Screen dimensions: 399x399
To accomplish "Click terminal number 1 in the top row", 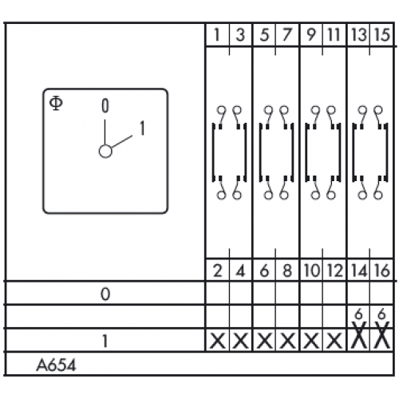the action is point(217,35).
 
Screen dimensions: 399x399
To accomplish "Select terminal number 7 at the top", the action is point(286,35).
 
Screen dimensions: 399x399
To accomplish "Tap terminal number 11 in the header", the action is point(334,35).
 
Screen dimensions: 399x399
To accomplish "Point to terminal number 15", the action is point(382,35).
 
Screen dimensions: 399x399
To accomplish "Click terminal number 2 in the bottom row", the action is point(218,271).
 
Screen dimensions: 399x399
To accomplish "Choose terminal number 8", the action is point(287,271).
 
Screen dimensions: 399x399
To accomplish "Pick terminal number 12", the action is point(334,271).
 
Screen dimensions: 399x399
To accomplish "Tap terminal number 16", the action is point(382,271).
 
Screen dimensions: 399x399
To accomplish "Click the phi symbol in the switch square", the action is point(56,104).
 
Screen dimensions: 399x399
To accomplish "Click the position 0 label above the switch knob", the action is point(105,105).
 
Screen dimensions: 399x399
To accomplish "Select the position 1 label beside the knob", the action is point(142,128).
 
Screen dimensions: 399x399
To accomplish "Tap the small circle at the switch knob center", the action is point(105,152).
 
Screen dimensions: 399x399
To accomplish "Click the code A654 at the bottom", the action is point(56,365).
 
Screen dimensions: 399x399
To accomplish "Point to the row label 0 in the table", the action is point(105,294).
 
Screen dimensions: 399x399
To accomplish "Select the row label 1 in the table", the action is point(105,341).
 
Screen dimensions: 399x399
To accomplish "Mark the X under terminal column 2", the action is point(218,341).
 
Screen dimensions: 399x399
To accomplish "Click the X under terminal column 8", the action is point(287,341).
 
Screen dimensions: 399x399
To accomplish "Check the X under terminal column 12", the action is point(334,341).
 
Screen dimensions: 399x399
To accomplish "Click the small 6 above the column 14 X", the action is point(358,314).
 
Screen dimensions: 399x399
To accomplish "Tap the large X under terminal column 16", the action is point(381,335).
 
